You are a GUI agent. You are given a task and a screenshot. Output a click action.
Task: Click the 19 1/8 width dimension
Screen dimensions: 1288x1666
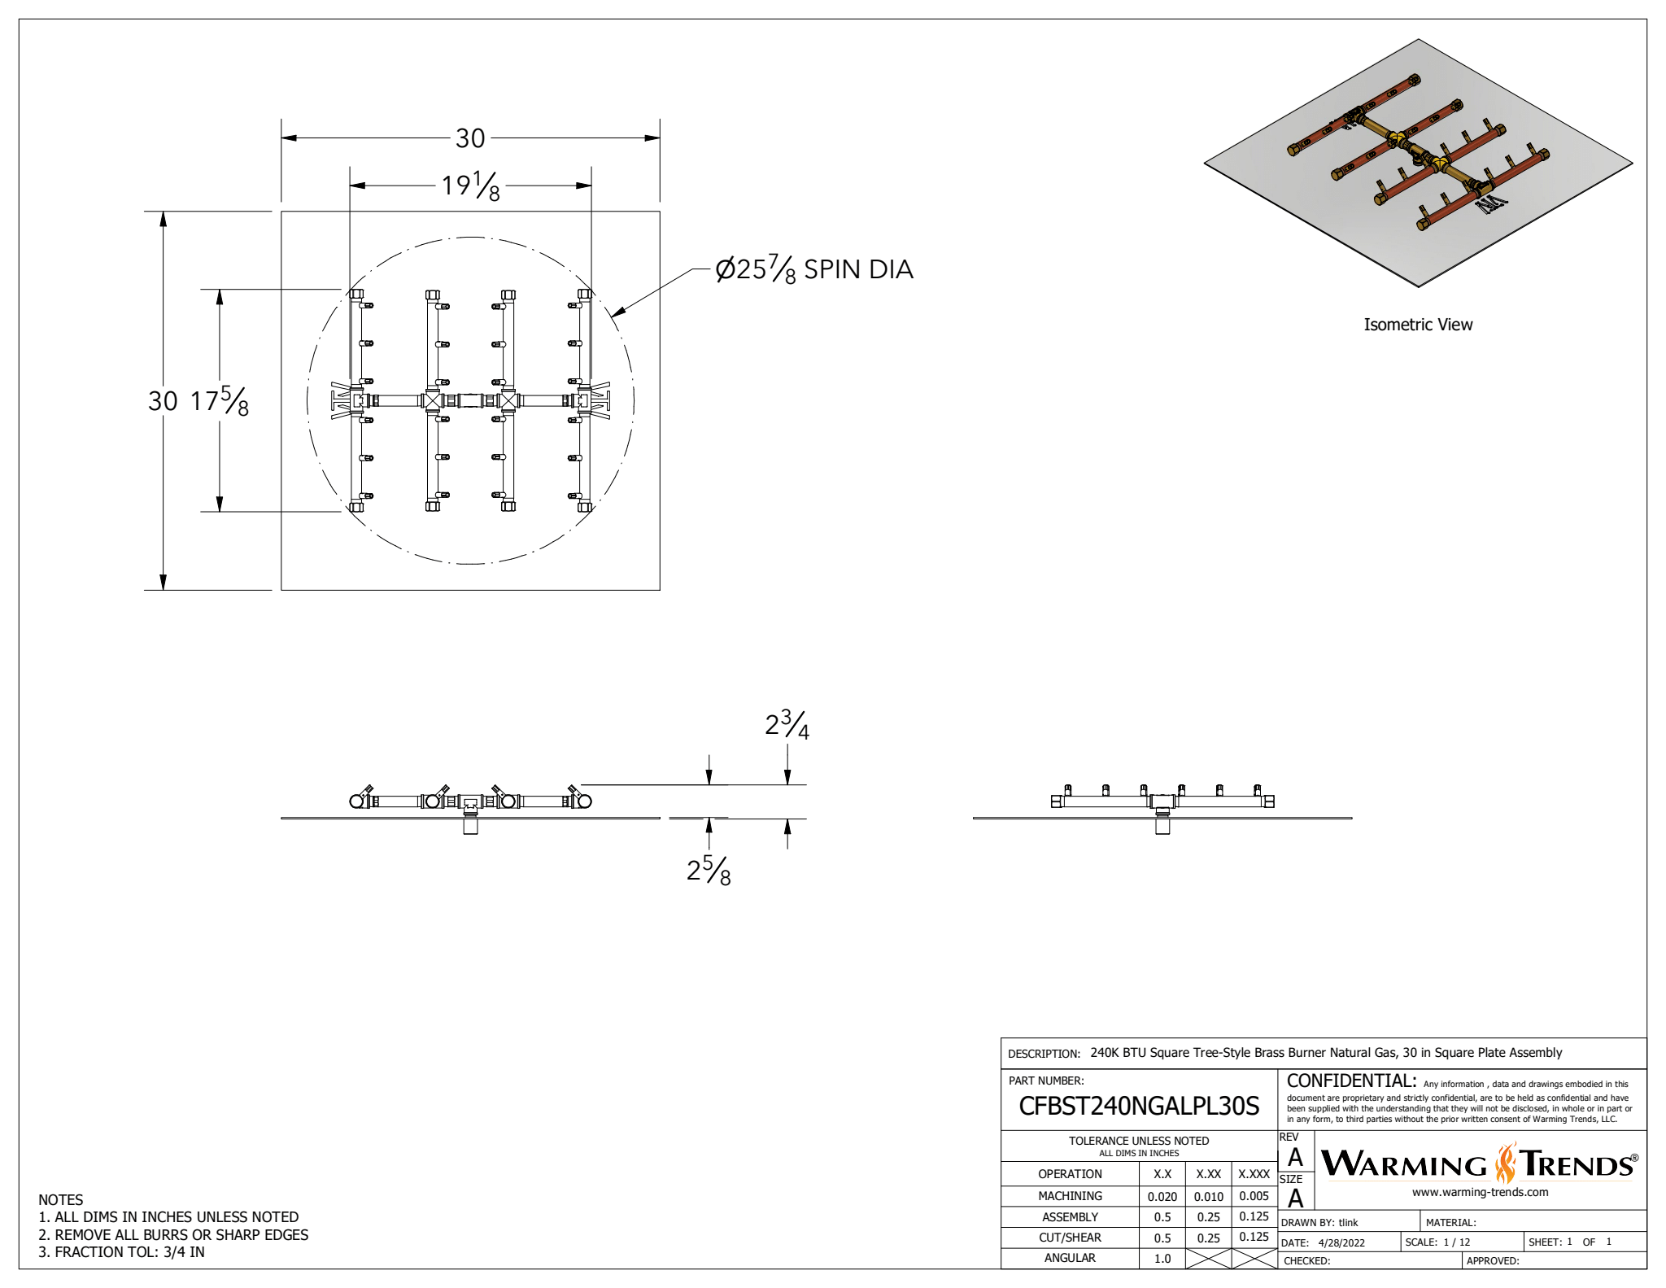click(470, 186)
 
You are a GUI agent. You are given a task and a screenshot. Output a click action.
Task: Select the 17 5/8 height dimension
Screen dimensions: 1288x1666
click(220, 401)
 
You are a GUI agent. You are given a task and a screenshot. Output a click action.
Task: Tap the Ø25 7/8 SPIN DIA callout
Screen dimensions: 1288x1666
click(813, 269)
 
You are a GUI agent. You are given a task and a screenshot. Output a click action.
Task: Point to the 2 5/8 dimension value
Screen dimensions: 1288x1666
click(709, 871)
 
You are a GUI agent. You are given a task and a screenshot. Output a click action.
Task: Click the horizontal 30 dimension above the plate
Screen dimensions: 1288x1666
click(470, 138)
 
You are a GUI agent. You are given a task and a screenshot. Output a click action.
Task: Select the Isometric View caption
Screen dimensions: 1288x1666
click(1418, 325)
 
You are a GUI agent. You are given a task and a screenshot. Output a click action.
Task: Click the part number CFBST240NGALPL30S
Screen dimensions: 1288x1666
click(1139, 1106)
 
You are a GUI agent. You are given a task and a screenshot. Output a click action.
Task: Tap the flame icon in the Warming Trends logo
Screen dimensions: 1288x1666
click(1507, 1164)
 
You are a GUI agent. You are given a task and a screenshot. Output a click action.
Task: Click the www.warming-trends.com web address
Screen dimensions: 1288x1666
click(1480, 1193)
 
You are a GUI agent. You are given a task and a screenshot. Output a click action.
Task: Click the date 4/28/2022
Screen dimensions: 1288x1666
click(1341, 1242)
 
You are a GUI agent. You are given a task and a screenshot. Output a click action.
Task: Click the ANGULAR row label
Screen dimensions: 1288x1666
click(1070, 1258)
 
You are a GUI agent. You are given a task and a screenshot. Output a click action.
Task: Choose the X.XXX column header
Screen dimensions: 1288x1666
click(1254, 1174)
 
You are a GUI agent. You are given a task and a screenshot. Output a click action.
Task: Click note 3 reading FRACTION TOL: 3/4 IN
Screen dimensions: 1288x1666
click(122, 1252)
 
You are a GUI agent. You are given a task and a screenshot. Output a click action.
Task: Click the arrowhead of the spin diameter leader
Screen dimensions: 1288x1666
click(614, 312)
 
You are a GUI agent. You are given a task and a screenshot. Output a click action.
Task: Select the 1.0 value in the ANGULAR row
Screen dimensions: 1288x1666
click(1162, 1259)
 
